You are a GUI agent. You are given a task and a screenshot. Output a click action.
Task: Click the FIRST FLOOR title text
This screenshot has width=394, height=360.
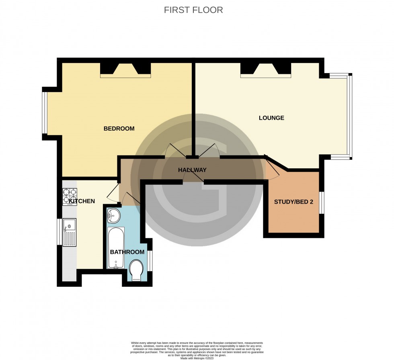pyautogui.click(x=193, y=10)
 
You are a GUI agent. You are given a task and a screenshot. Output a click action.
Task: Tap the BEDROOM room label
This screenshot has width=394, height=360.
pyautogui.click(x=119, y=129)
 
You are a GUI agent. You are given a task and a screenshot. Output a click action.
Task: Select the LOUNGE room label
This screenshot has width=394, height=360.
pyautogui.click(x=271, y=118)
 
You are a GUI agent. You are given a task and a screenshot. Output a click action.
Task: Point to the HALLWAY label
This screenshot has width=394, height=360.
pyautogui.click(x=192, y=170)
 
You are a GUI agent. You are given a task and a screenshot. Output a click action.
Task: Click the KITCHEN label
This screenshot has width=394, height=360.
pyautogui.click(x=82, y=201)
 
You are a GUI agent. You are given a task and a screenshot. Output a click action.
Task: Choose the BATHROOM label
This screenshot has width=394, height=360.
pyautogui.click(x=127, y=252)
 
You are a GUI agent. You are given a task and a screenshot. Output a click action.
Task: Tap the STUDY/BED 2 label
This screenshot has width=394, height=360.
pyautogui.click(x=293, y=202)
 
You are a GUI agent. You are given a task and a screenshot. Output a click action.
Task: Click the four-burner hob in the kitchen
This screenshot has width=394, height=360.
pyautogui.click(x=69, y=197)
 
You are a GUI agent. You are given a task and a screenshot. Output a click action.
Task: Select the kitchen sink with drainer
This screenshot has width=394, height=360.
pyautogui.click(x=69, y=232)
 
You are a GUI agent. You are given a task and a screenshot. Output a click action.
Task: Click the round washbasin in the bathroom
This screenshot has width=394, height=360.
pyautogui.click(x=114, y=216)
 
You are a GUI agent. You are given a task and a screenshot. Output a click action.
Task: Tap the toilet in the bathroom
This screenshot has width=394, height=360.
pyautogui.click(x=137, y=269)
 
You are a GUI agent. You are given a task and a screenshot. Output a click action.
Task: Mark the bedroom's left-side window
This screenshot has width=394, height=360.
pyautogui.click(x=45, y=114)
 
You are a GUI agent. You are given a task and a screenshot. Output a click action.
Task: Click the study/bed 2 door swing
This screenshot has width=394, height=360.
pyautogui.click(x=273, y=169)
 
